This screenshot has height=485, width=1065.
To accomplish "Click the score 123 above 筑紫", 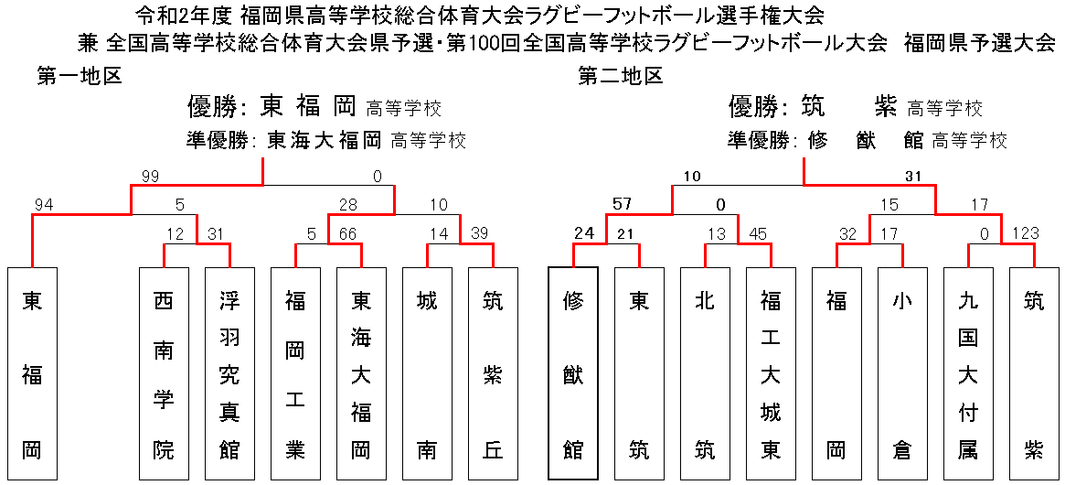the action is coord(1026,233).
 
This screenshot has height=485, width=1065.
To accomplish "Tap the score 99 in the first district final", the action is coord(151,177).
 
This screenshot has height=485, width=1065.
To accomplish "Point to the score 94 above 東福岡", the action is coord(43,204).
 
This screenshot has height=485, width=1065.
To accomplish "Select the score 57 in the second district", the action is coord(623,204).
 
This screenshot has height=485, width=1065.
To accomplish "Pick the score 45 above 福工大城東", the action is coord(757,233).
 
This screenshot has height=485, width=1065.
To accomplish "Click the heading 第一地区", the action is coord(80,76).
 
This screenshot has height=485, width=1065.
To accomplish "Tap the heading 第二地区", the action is coord(621,76).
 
